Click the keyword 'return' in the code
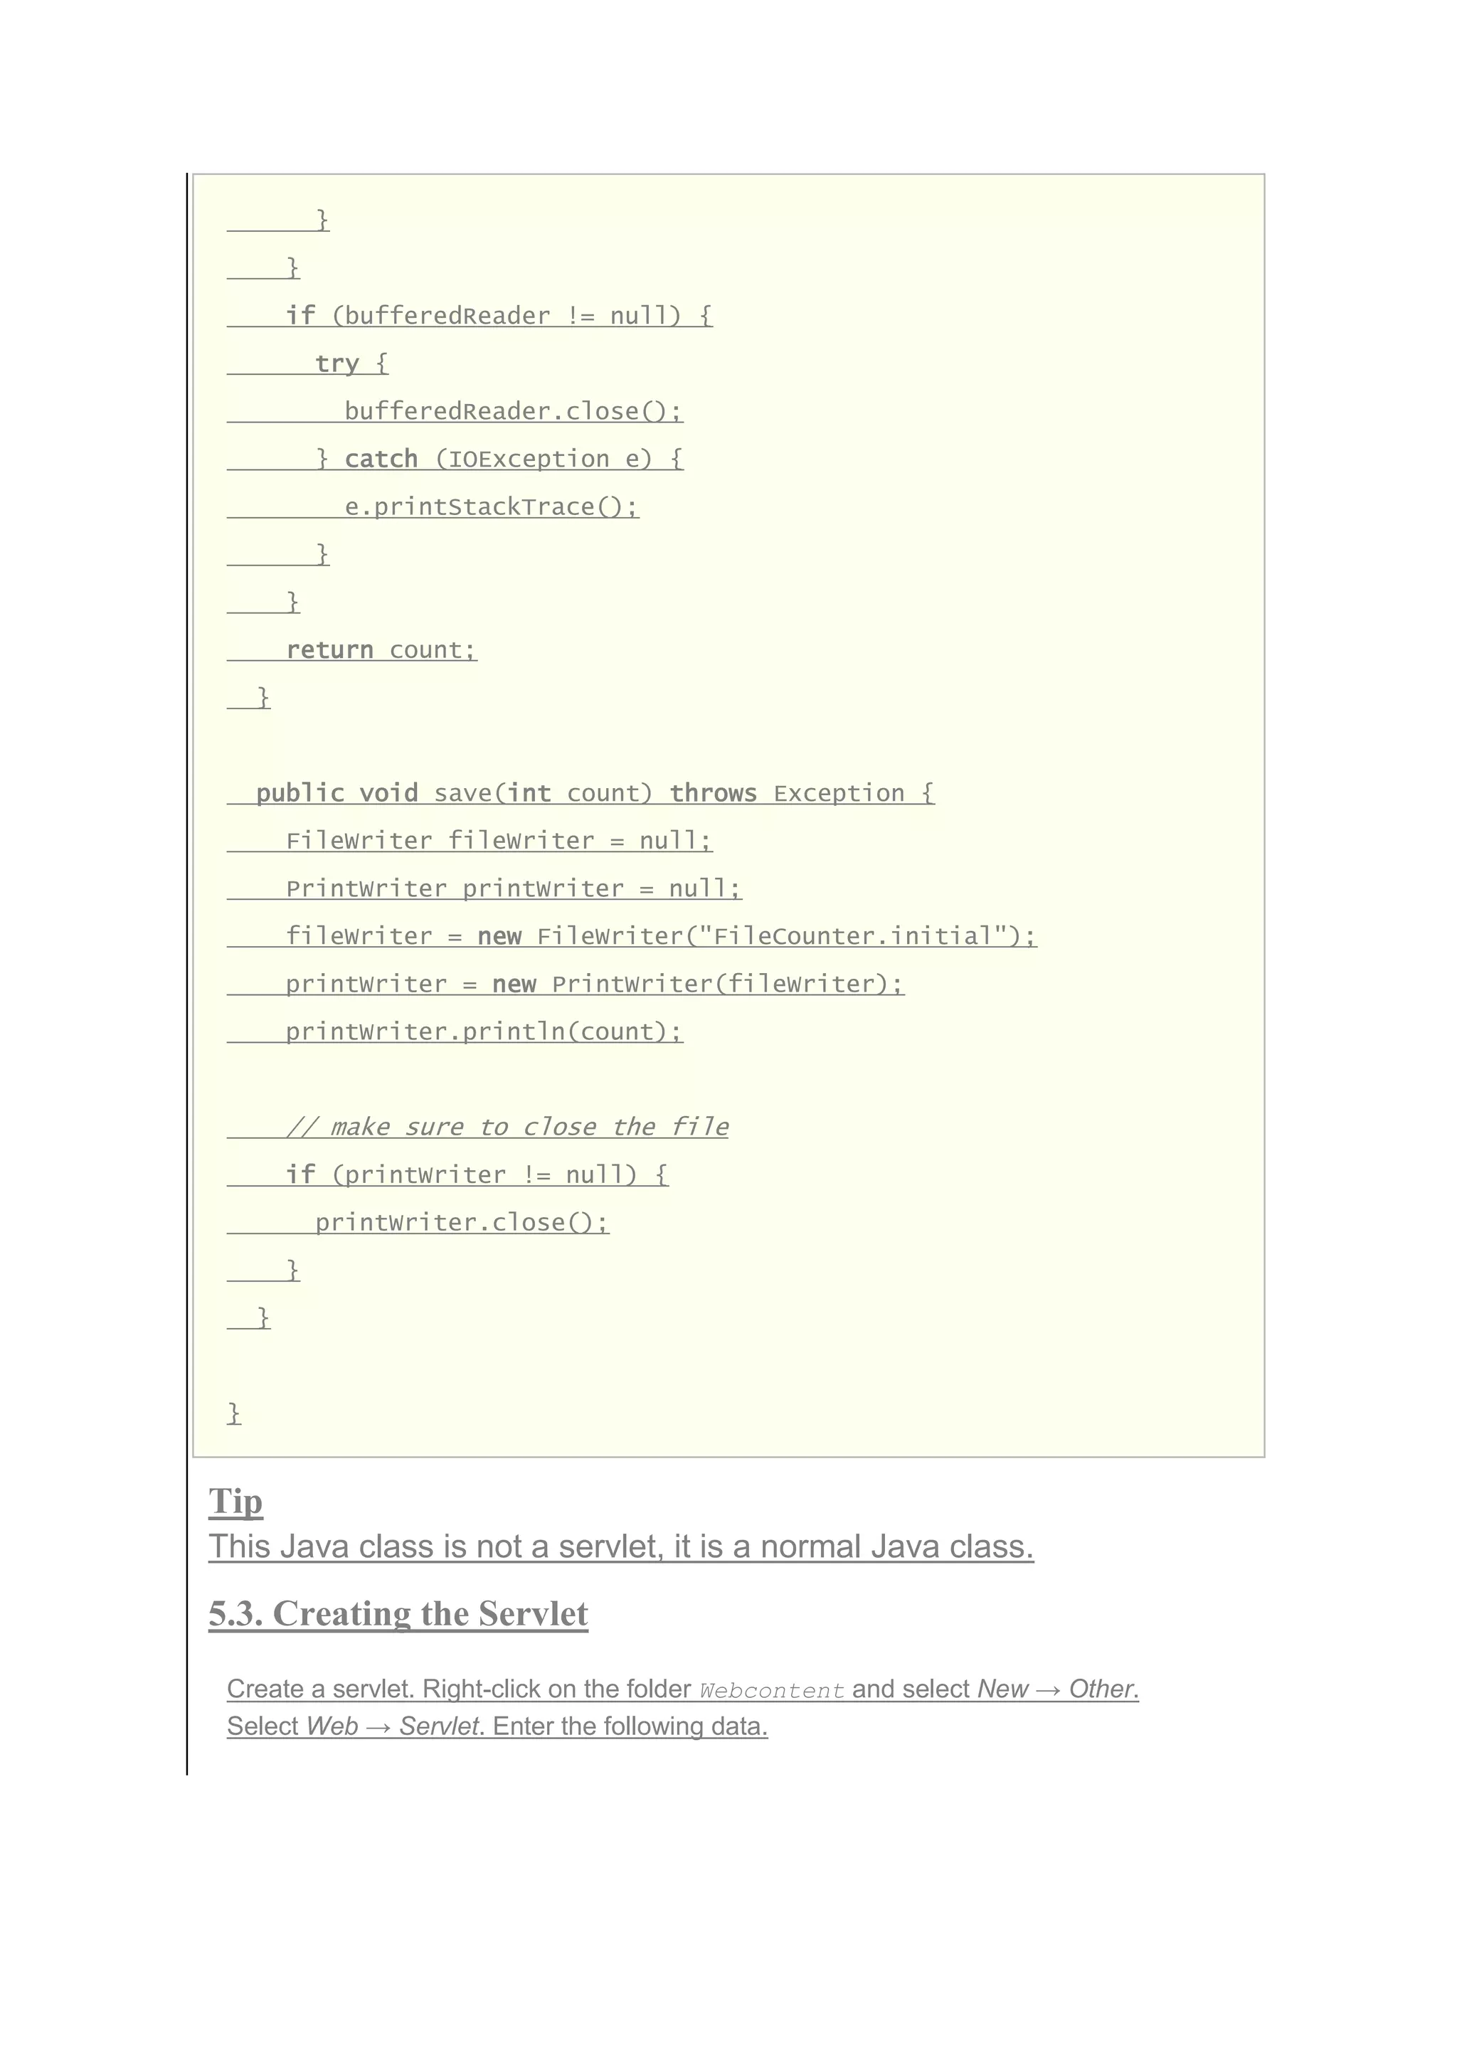point(329,649)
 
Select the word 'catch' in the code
point(381,459)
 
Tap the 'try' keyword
point(337,363)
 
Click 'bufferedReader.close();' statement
point(512,411)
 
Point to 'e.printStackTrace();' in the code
point(491,507)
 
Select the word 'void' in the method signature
point(388,793)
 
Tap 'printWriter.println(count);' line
point(484,1032)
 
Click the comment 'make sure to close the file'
point(529,1127)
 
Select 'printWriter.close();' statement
point(461,1222)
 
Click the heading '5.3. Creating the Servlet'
point(398,1614)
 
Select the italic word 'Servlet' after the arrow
point(440,1726)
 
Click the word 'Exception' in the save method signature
point(839,793)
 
